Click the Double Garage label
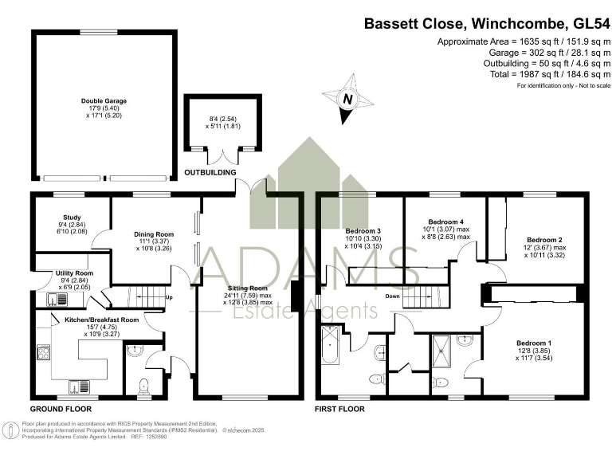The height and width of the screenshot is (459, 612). tap(104, 101)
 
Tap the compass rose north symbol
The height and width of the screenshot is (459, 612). tap(347, 100)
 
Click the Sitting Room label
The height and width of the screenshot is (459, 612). tap(249, 288)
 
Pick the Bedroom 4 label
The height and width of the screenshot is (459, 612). tap(446, 221)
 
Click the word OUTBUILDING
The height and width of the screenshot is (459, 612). tap(210, 172)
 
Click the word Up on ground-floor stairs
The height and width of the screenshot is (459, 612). tap(169, 299)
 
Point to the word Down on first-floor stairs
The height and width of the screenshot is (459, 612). tap(392, 296)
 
